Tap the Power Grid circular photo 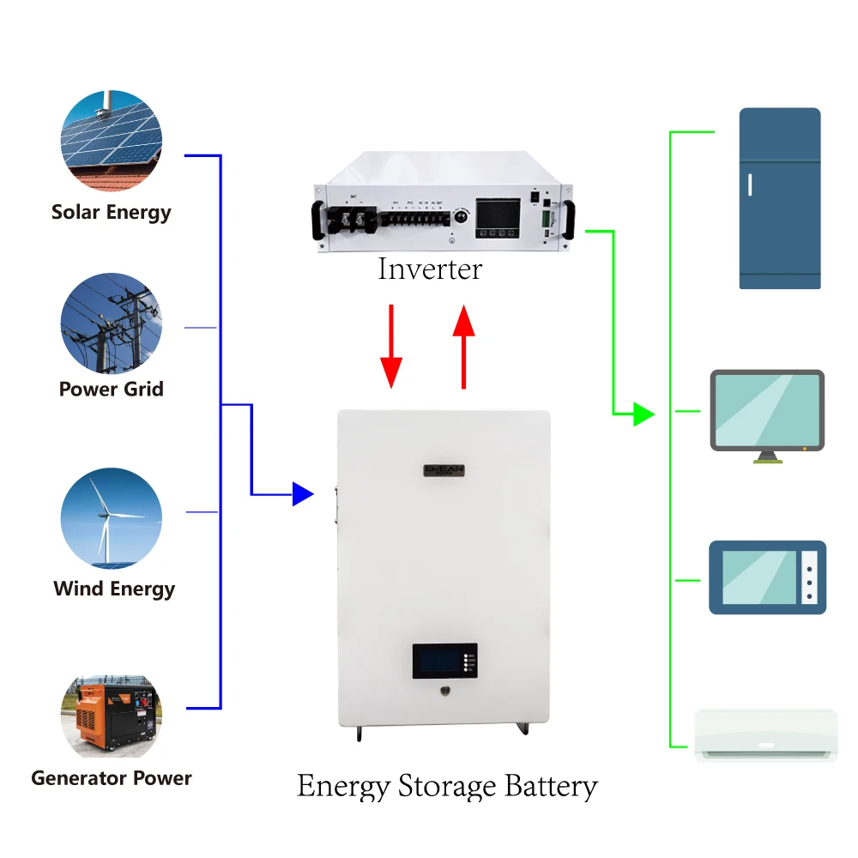112,323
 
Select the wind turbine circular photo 112,517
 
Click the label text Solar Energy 112,212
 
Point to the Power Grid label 112,389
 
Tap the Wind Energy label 114,589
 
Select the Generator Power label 112,778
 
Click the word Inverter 430,269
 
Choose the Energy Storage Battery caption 447,786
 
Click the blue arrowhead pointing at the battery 302,493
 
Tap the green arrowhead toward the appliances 643,414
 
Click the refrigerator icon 780,198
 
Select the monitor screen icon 767,412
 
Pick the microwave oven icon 767,577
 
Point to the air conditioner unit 765,735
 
